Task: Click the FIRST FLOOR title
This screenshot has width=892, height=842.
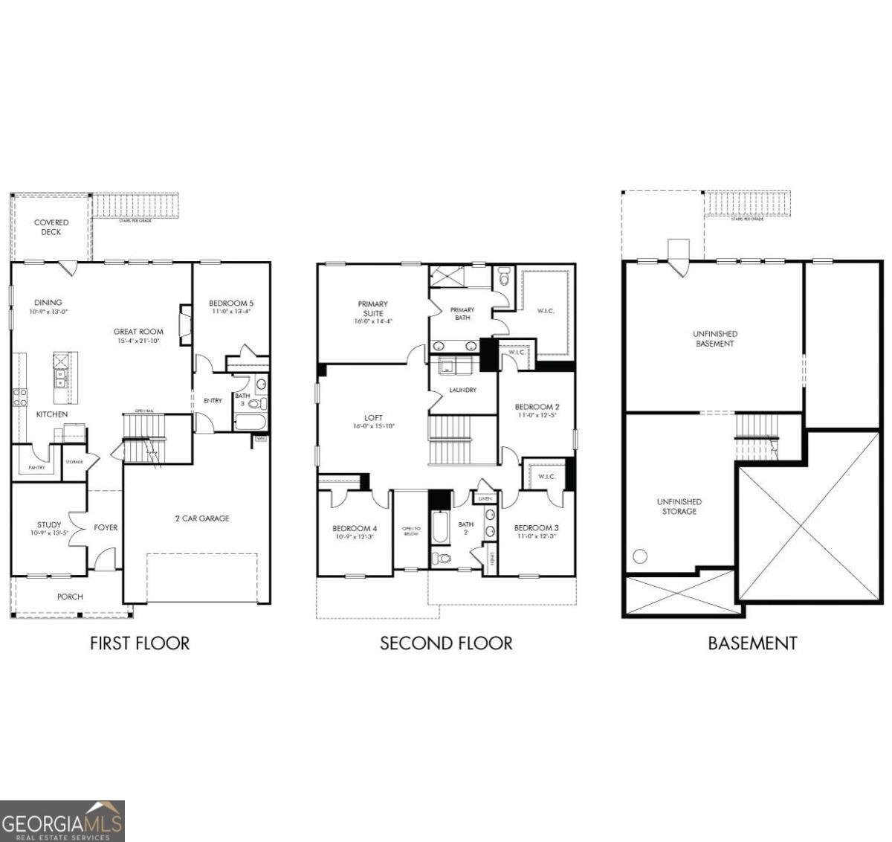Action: click(x=140, y=643)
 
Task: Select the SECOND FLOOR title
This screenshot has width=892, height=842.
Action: click(x=446, y=643)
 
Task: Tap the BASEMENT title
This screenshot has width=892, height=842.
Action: click(x=752, y=643)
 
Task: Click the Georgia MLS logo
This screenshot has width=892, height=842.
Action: click(x=62, y=821)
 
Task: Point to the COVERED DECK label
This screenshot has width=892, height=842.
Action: click(x=51, y=227)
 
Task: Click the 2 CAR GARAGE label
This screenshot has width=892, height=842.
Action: click(x=202, y=518)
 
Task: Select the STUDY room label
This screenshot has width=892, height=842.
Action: click(x=49, y=524)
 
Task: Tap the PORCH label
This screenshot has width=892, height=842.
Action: click(x=71, y=597)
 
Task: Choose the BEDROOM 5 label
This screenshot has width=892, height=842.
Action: click(x=231, y=303)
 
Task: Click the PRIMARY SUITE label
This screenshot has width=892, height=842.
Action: click(x=372, y=309)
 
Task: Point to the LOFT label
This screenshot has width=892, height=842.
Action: click(x=373, y=418)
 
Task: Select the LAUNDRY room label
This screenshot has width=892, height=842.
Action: click(x=462, y=390)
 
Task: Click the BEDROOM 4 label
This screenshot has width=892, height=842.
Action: click(x=355, y=529)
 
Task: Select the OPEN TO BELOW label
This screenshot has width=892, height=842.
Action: click(x=411, y=530)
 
